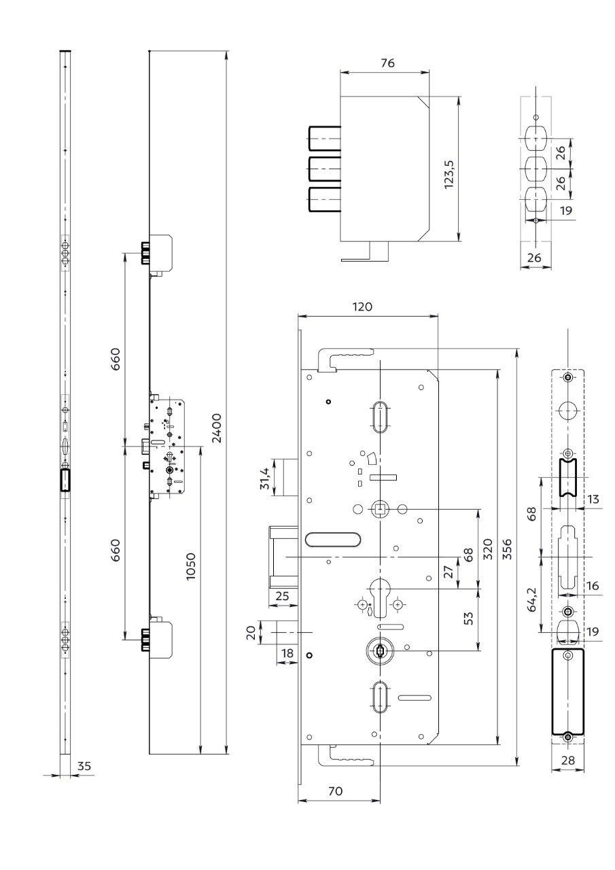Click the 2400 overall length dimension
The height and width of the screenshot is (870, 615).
coord(217,428)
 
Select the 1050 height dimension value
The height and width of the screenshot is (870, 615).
coord(191,567)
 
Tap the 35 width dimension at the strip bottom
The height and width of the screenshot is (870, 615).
coord(84,766)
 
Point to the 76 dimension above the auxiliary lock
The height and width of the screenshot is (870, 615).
coord(387,63)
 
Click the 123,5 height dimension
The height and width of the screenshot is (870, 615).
coord(449,174)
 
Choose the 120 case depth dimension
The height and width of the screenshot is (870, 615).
coord(362,307)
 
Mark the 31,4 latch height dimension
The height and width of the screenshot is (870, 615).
coord(265,478)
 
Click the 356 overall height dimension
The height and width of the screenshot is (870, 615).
coord(508,549)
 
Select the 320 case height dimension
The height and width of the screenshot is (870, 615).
coord(488,549)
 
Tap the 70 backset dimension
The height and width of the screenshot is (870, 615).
coord(336,791)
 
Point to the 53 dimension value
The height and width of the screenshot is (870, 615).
coord(469,618)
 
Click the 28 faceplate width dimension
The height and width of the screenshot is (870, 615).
coord(567,760)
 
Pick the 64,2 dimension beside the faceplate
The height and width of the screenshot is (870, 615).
coord(531,599)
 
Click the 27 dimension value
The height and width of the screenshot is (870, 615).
coord(449,572)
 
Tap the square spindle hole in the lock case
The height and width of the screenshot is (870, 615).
coord(379,508)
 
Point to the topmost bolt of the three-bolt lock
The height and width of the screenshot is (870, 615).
coord(325,138)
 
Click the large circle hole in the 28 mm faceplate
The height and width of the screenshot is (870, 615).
coord(568,412)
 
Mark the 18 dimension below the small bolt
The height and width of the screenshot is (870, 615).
coord(287,653)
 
